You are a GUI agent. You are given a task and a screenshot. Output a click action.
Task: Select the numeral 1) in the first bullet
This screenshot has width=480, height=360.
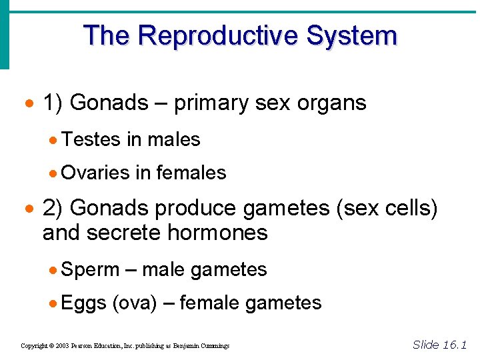point(53,103)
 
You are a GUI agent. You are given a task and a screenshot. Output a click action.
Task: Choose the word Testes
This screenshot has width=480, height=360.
point(91,139)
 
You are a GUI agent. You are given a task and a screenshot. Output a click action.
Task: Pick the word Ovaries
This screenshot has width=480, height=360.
point(95,173)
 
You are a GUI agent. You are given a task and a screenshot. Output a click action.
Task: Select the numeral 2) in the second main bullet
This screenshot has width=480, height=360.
point(53,208)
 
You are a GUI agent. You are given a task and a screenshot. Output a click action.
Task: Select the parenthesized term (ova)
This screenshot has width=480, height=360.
point(135,303)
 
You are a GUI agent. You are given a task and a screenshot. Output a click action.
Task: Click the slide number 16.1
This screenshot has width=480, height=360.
point(453,345)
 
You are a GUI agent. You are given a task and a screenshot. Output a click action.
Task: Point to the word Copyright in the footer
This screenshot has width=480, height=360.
point(34,346)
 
